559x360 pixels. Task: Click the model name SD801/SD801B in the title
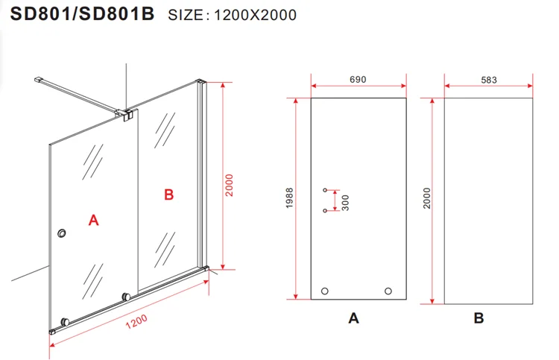coord(82,14)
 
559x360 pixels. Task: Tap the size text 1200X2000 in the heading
coord(255,15)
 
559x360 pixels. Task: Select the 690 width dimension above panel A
coord(358,80)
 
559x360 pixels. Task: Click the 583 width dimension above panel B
coord(489,80)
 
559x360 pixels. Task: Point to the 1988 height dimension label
coord(289,198)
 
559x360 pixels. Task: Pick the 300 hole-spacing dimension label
coord(345,203)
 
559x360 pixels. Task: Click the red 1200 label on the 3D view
coord(136,321)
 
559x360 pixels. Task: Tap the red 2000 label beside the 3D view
coord(229,185)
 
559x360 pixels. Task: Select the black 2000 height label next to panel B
coord(427,198)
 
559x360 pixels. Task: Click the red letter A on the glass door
coord(93,221)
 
